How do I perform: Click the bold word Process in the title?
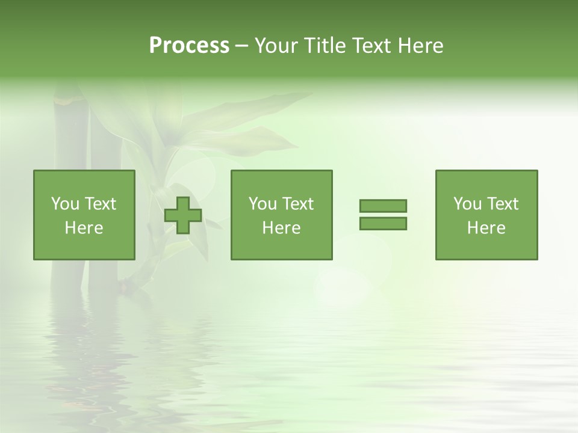pos(189,46)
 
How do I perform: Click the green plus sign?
pos(183,215)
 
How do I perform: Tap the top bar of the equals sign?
pos(383,206)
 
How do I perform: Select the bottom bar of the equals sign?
pos(383,224)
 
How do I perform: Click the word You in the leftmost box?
pos(64,204)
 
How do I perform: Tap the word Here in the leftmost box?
pos(84,228)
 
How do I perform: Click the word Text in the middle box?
pos(298,204)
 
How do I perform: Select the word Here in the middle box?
pos(282,228)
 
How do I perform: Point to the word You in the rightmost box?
pos(467,204)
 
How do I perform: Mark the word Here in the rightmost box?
pos(486,228)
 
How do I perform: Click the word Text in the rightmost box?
pos(503,204)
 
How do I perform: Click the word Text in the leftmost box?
pos(101,204)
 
